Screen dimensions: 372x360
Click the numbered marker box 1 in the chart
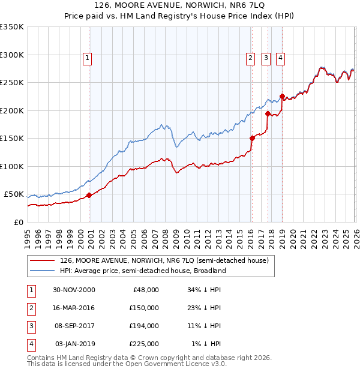[87, 58]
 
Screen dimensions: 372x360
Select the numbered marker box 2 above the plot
[250, 58]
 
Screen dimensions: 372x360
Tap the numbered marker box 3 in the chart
[265, 58]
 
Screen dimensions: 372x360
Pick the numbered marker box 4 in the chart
[280, 58]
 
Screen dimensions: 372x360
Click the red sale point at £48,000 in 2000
[89, 195]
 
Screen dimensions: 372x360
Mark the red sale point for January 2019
[282, 96]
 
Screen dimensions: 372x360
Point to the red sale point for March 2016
[252, 138]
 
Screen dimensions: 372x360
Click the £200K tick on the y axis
[12, 110]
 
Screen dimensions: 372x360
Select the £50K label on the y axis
[14, 194]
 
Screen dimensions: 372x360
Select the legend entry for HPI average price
[142, 271]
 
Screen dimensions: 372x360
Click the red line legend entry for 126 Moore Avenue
[167, 260]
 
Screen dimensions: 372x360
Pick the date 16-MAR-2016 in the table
[74, 307]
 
